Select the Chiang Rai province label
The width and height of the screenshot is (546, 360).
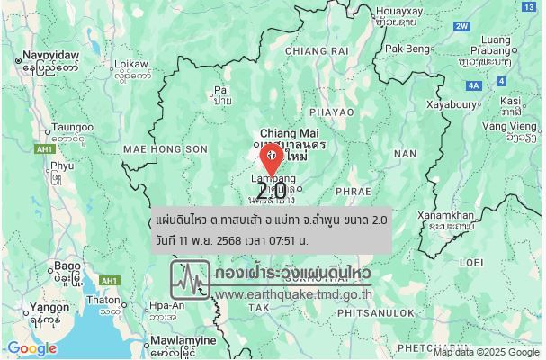[316, 51]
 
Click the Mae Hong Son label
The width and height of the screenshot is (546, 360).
[153, 148]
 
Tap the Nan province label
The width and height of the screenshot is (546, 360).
[405, 154]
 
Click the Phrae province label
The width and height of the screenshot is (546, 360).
[352, 192]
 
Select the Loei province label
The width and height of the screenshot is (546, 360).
[471, 262]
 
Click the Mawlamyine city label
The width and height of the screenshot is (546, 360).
[183, 341]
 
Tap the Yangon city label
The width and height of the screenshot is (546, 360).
[49, 307]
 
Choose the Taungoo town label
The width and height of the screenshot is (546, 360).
[72, 128]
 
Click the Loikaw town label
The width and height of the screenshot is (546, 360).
[131, 65]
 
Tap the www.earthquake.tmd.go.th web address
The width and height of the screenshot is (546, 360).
[293, 293]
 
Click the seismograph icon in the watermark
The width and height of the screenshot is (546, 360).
[191, 280]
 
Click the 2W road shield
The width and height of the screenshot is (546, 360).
[461, 26]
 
